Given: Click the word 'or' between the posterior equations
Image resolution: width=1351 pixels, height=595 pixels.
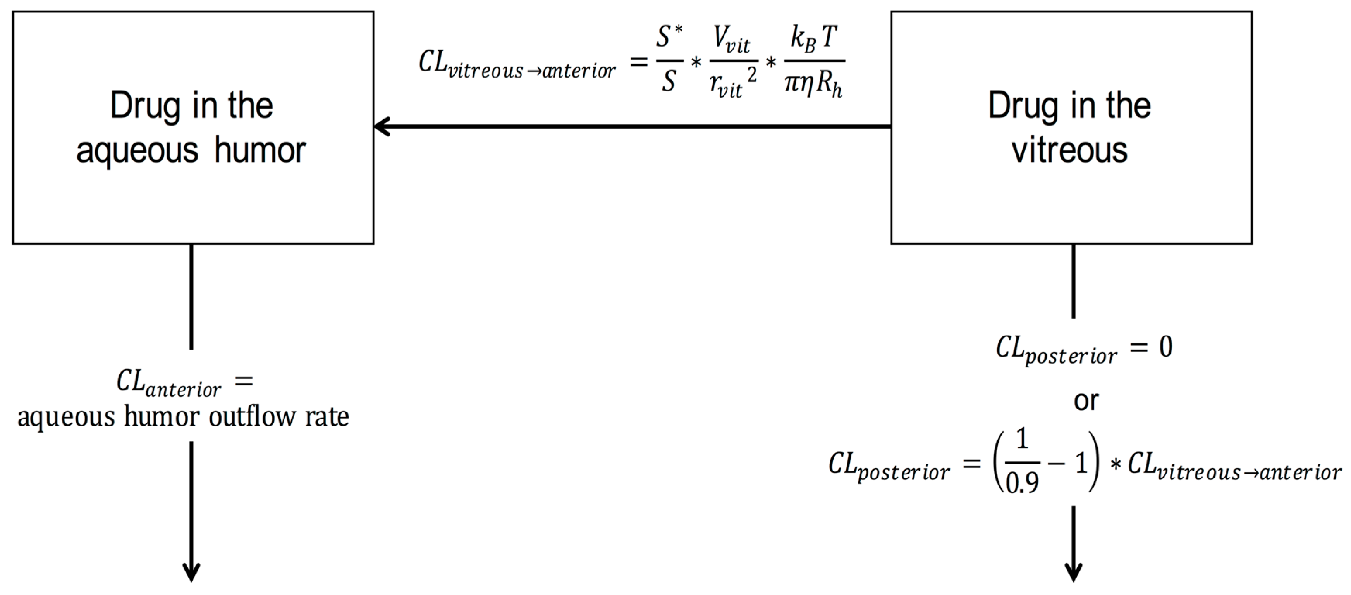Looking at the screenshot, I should click(1086, 401).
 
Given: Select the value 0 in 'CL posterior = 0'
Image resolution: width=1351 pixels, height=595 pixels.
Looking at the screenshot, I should click(1165, 347).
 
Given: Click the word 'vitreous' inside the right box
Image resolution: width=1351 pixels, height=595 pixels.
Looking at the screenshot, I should click(1069, 150).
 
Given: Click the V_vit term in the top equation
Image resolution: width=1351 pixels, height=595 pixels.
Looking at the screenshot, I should click(731, 40).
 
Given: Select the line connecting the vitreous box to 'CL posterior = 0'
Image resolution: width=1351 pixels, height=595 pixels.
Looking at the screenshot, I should click(1074, 281).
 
